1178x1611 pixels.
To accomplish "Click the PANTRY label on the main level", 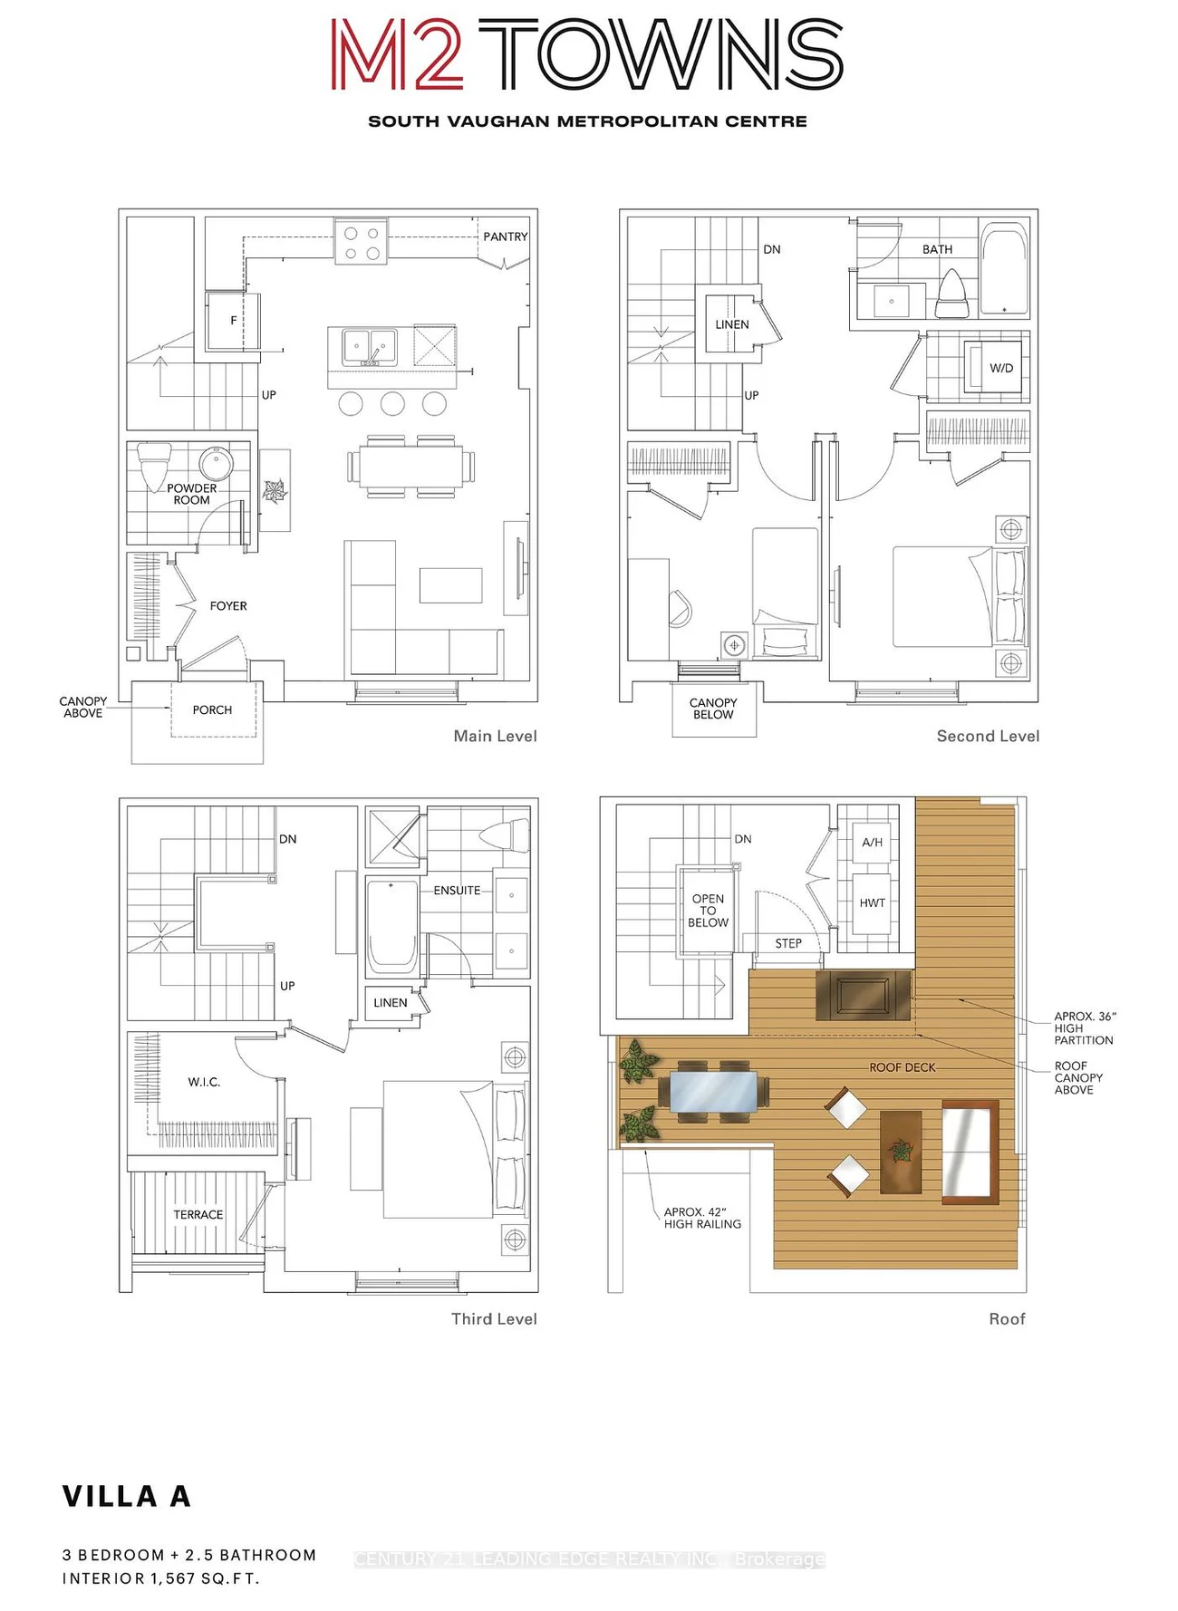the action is coord(505,236).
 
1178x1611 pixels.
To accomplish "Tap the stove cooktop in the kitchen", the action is coord(362,241).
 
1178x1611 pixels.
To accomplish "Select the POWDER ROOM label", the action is coord(191,494).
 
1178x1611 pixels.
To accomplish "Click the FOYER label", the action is coord(228,606).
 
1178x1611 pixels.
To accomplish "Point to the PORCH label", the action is coord(212,710).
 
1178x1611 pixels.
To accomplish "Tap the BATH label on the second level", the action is coord(937,249).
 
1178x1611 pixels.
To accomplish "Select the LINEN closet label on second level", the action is coord(732,324).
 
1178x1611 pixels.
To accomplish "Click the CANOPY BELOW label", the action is coord(713,709).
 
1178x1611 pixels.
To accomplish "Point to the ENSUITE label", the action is coord(457,891).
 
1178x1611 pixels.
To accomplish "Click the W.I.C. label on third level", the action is coord(204,1082).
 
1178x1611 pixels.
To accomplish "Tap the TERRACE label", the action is coord(198,1215).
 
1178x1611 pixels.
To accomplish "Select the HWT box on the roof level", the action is coord(873,903).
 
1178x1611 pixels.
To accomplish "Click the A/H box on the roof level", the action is coord(873,843).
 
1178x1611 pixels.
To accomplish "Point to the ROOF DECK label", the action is coord(903,1067).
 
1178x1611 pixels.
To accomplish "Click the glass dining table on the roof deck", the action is coord(713,1092).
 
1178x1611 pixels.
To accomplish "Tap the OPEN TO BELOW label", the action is coord(708,911).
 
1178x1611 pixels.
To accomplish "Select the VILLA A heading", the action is coord(127,1497).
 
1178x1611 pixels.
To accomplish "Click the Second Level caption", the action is coord(988,737).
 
